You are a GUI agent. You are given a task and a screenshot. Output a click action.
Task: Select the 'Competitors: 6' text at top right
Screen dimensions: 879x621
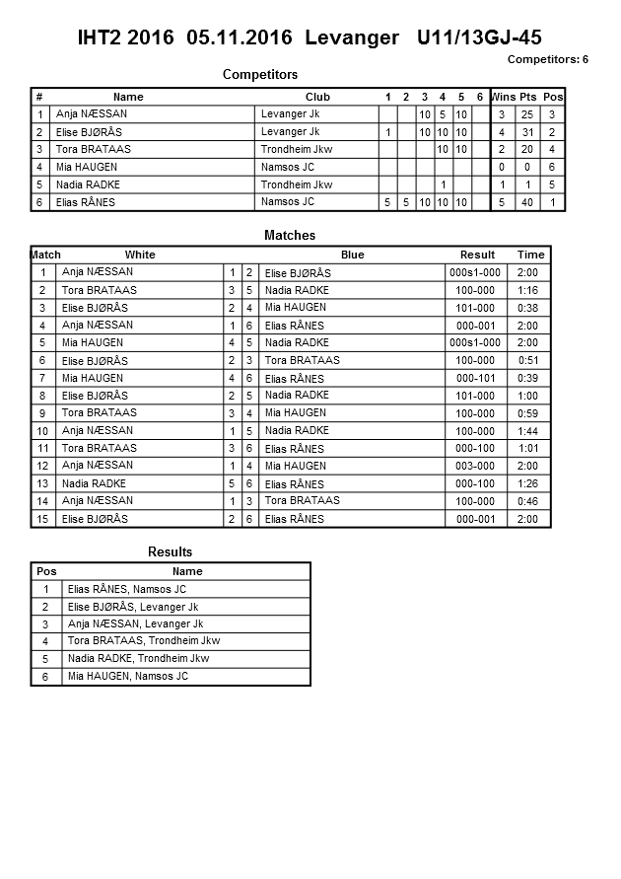pos(547,59)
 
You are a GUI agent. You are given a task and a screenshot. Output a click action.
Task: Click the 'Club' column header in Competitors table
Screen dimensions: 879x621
pos(317,97)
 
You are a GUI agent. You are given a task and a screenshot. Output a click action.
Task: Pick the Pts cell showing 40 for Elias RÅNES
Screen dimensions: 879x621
pos(528,202)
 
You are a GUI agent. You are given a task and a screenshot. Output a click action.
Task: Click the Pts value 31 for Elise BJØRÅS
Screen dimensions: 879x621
pos(528,132)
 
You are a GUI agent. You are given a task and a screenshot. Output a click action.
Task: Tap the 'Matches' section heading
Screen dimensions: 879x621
pos(290,236)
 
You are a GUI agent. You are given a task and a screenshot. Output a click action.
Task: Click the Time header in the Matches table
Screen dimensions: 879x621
pos(530,255)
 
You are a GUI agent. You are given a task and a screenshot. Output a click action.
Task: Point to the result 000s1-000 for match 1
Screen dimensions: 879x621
pos(475,272)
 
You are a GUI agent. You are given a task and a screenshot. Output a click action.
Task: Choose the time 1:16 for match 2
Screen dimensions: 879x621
pos(528,290)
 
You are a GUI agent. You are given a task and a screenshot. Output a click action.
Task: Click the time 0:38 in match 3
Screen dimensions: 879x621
pos(528,308)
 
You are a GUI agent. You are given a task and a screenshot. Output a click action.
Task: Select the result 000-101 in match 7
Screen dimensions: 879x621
pos(475,378)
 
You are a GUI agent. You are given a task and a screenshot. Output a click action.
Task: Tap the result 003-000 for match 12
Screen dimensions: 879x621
pos(475,466)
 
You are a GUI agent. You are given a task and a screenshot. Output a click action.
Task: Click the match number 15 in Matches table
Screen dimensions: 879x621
pos(42,519)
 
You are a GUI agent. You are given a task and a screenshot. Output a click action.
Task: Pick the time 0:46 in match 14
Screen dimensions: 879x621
pos(528,501)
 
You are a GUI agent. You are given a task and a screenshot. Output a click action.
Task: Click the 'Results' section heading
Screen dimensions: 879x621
pos(170,552)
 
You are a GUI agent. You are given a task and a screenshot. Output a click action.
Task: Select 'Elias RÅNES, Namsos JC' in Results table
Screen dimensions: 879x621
pos(127,589)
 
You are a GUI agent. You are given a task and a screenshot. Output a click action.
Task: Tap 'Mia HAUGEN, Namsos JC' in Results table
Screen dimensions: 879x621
pos(127,677)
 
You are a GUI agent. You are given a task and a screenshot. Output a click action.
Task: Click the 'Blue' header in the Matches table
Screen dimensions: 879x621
pos(352,255)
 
